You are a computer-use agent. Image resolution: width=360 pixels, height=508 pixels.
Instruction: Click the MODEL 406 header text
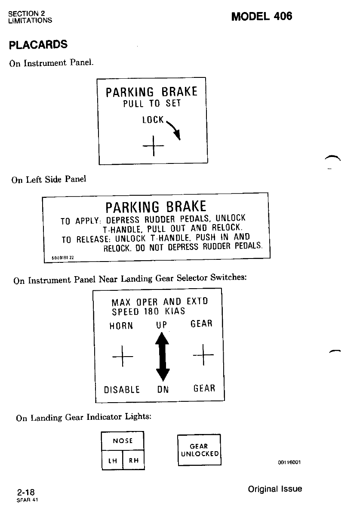[262, 16]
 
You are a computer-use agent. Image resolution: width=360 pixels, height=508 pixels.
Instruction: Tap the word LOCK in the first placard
[153, 120]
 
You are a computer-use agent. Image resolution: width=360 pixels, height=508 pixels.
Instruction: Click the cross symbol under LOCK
[153, 146]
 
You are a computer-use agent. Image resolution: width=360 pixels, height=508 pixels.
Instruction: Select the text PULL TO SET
[152, 104]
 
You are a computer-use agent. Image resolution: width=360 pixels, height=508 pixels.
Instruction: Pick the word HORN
[121, 326]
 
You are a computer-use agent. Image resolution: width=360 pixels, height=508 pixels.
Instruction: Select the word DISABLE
[122, 390]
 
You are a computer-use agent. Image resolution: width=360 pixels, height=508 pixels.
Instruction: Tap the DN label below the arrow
[163, 390]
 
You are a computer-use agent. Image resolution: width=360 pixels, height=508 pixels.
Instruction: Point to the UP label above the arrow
[162, 325]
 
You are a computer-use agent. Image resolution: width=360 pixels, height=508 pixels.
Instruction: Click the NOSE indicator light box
[123, 441]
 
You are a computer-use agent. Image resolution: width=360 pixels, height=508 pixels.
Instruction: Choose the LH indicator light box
[112, 460]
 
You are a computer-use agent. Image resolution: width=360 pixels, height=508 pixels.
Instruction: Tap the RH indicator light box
[134, 460]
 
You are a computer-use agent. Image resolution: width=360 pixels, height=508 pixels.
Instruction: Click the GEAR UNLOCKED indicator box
[199, 450]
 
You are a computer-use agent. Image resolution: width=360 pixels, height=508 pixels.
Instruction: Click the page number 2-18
[26, 492]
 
